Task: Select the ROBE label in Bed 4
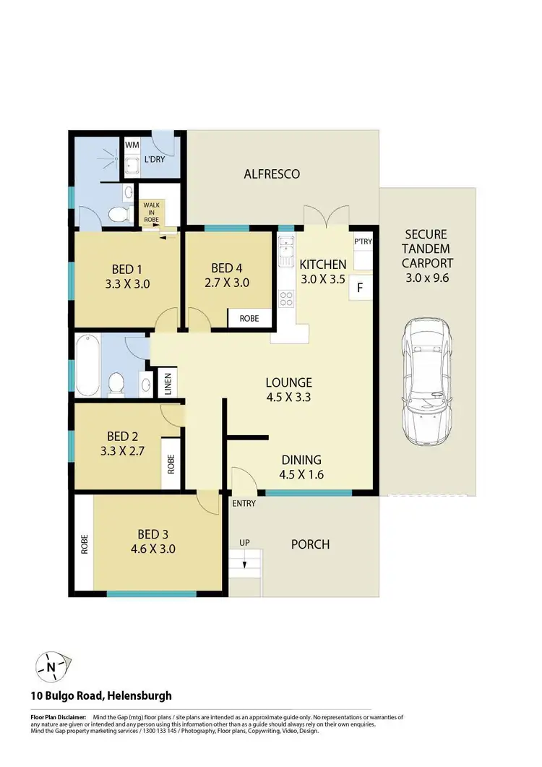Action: coord(250,318)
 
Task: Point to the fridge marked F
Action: coord(360,288)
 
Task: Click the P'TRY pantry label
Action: coord(361,242)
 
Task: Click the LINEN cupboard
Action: coord(167,382)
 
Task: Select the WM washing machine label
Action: coord(132,145)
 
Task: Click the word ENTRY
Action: coord(244,504)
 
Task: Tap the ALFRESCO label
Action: coord(271,174)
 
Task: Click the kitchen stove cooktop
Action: coord(286,298)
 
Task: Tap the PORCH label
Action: coord(310,544)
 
